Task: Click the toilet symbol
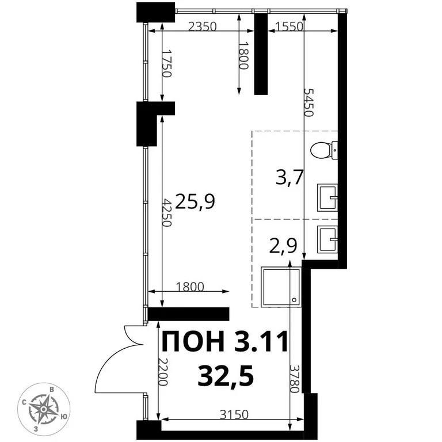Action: click(324, 151)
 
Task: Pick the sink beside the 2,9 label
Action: click(328, 238)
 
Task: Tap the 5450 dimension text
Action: click(309, 103)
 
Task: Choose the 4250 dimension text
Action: click(166, 213)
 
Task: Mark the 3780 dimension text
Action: click(294, 379)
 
